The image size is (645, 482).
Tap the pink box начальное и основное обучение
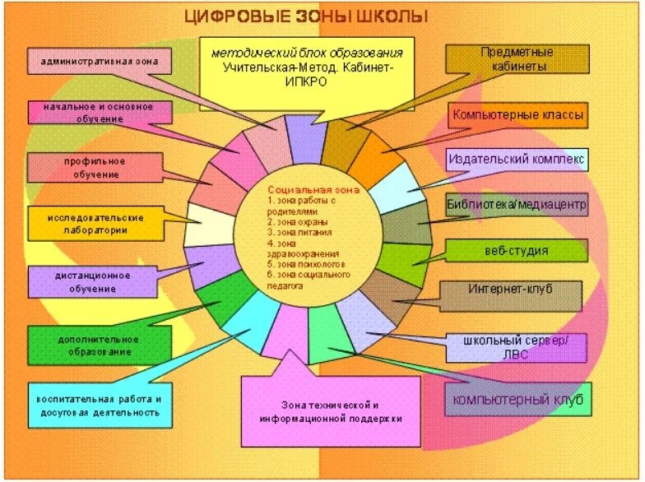click(x=100, y=113)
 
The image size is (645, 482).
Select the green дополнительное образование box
click(x=99, y=345)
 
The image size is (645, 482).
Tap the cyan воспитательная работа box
click(x=99, y=405)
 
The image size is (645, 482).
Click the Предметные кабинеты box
click(x=517, y=59)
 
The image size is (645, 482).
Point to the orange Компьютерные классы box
click(x=518, y=115)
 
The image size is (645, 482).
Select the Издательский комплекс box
click(x=517, y=159)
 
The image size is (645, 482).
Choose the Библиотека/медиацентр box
click(x=517, y=205)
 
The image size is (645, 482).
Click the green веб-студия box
click(x=517, y=250)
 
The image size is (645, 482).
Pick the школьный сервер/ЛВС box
click(x=517, y=347)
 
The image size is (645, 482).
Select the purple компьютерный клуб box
click(x=518, y=401)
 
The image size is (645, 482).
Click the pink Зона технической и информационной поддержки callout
click(x=329, y=411)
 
